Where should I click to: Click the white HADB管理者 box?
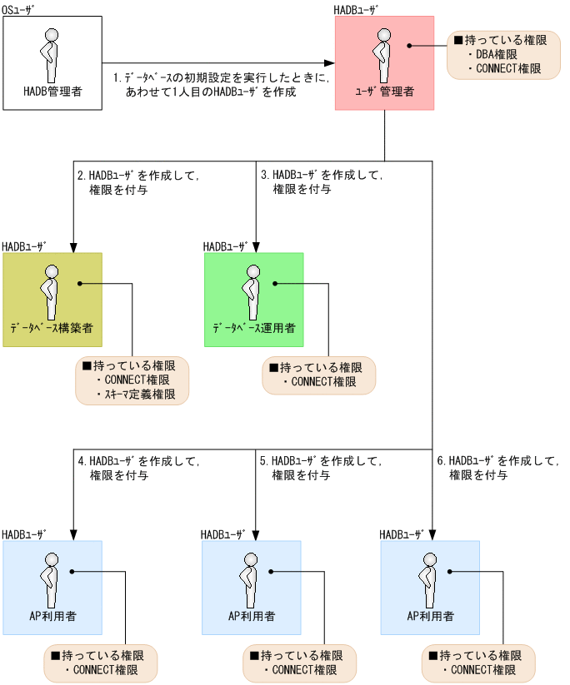tap(52, 63)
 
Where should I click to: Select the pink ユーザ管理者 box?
tap(384, 63)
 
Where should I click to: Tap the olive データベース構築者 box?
tap(52, 300)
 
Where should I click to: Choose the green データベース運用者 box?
tap(254, 300)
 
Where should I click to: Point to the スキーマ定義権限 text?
tap(136, 394)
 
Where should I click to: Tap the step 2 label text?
tap(137, 182)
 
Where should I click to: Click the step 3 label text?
tap(321, 182)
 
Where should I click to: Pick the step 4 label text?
tap(137, 468)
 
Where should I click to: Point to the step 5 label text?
tap(320, 468)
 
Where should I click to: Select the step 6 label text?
tap(497, 468)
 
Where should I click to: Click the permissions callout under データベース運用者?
tap(319, 375)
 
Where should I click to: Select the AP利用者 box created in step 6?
tap(430, 589)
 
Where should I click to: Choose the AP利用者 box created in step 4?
tap(52, 589)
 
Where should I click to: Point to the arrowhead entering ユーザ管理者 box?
tap(330, 63)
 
